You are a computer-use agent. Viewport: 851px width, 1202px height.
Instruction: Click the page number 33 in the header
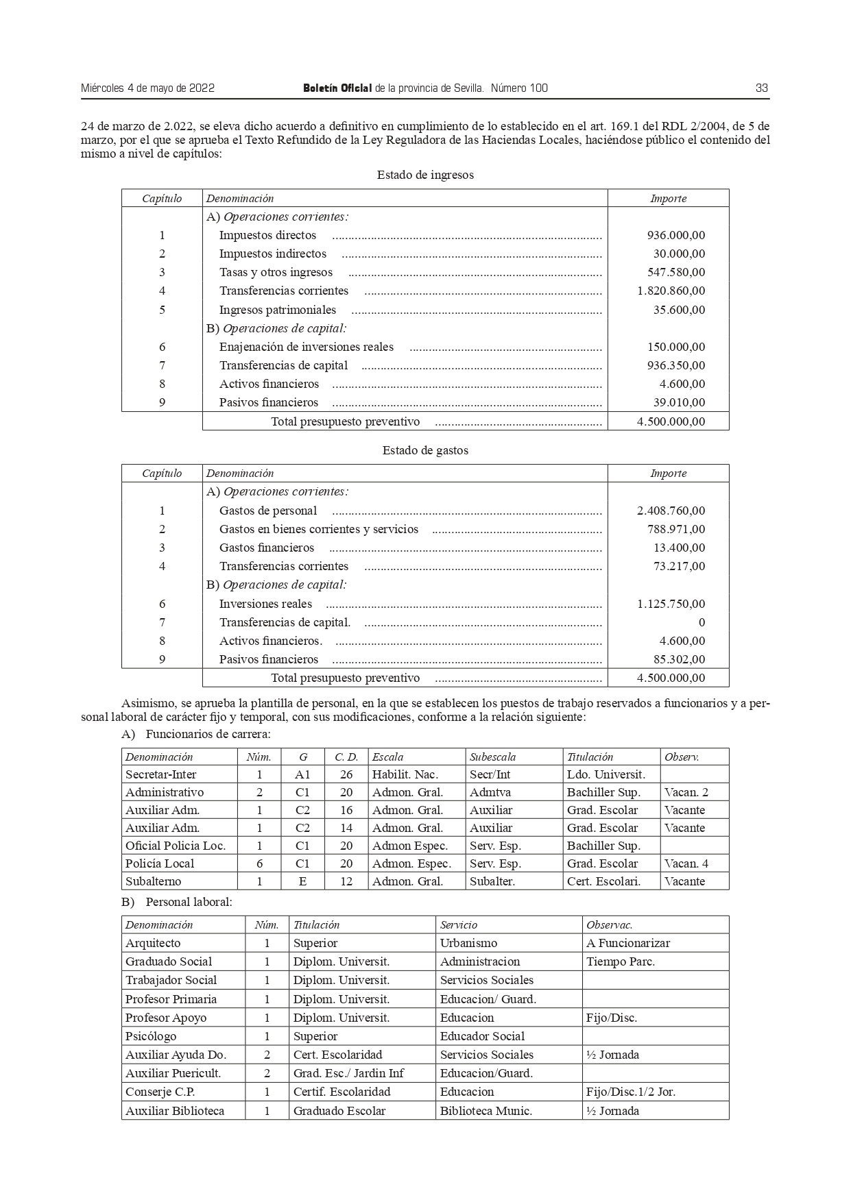point(761,88)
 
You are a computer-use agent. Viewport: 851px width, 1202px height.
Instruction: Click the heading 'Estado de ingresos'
point(425,175)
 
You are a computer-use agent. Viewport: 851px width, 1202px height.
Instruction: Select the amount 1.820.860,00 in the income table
point(671,291)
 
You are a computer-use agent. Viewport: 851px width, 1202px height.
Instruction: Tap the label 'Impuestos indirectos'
point(272,254)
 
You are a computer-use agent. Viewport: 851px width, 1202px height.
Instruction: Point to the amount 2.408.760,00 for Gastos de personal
point(671,511)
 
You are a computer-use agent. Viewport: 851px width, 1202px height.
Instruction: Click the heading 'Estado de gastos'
point(425,450)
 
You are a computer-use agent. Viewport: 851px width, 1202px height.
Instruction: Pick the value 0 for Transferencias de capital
point(701,622)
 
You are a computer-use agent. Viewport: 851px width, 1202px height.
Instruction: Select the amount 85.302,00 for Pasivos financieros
point(679,659)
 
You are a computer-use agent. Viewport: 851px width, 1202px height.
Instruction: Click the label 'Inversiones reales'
point(265,604)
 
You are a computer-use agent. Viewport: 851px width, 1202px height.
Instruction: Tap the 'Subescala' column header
point(492,757)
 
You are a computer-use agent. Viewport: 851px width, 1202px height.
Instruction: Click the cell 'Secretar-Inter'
point(160,774)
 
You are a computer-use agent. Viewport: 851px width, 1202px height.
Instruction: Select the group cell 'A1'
point(302,774)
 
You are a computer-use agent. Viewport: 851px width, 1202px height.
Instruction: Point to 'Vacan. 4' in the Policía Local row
point(686,863)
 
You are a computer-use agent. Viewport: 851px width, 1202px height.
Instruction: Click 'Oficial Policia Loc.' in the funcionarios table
point(175,846)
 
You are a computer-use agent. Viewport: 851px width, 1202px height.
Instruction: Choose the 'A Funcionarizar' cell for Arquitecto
point(627,943)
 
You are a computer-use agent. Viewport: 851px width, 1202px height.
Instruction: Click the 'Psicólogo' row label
point(151,1036)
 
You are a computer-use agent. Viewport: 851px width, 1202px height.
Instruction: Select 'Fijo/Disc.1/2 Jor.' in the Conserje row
point(630,1092)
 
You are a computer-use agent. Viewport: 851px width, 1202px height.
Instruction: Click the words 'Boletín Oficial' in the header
point(337,88)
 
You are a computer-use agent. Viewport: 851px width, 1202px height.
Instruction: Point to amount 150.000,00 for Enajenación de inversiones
point(675,347)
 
